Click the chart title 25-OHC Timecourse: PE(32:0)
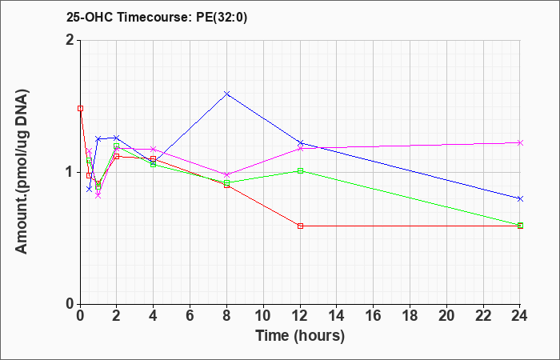point(157,18)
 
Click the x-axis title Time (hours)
point(300,336)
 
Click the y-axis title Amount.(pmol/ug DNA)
point(22,172)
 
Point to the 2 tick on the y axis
point(70,40)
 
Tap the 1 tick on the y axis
point(70,173)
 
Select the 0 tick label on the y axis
point(70,304)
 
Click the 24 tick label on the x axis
point(520,316)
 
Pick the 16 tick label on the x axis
point(374,316)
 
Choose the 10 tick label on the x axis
point(263,316)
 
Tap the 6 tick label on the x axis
point(190,316)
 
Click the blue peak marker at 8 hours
point(226,94)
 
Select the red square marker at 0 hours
point(80,108)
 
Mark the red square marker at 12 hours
point(300,226)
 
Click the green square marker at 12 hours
point(300,170)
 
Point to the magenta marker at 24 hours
point(520,143)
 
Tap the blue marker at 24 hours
point(520,198)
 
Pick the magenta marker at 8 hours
point(226,174)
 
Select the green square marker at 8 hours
point(226,182)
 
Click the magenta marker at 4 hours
point(154,149)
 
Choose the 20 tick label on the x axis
point(446,316)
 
